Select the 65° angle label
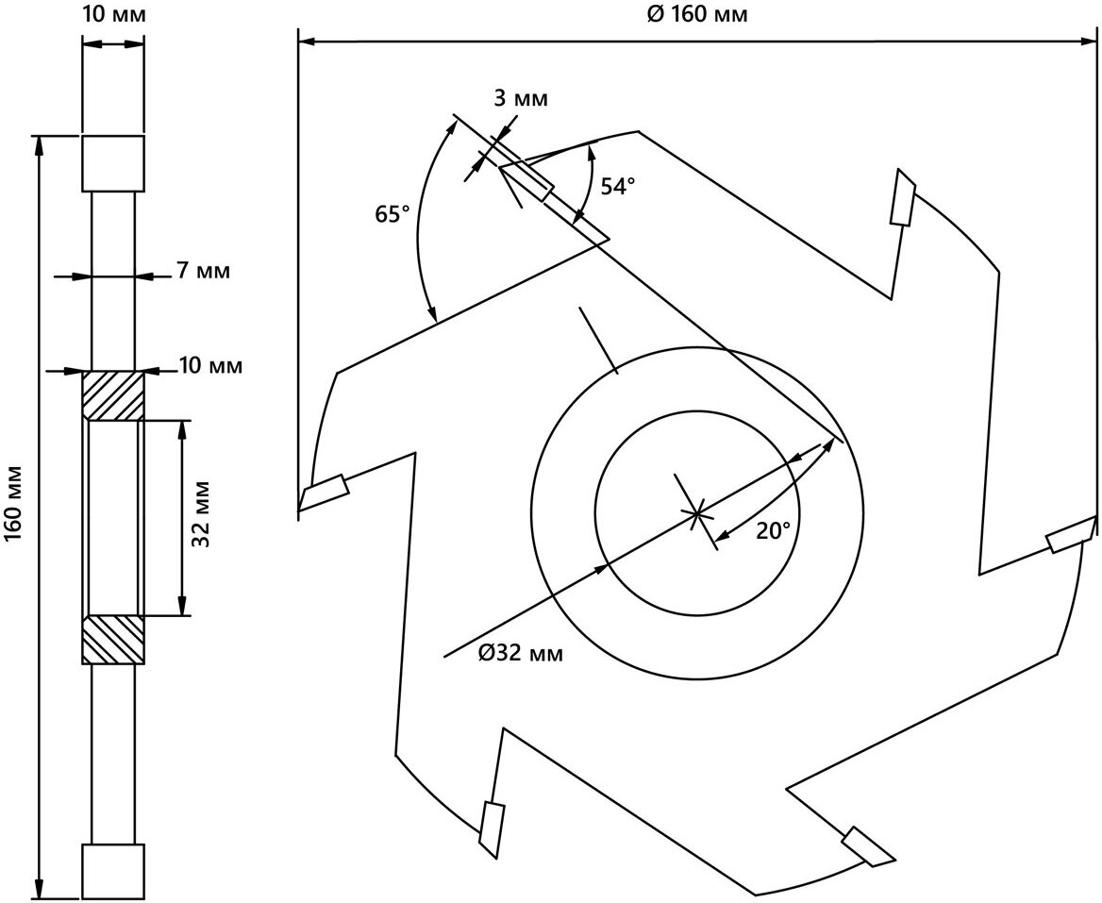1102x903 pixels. [392, 214]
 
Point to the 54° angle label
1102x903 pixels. [613, 187]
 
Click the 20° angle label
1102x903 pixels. [774, 531]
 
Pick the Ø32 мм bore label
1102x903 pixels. [520, 653]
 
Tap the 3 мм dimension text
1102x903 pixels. [520, 99]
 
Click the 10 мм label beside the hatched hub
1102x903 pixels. [210, 365]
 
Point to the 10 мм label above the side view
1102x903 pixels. [114, 15]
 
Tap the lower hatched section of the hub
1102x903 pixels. [113, 639]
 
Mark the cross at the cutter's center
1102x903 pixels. [697, 513]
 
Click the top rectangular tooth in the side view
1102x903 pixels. [113, 162]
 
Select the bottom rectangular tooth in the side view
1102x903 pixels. [113, 872]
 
